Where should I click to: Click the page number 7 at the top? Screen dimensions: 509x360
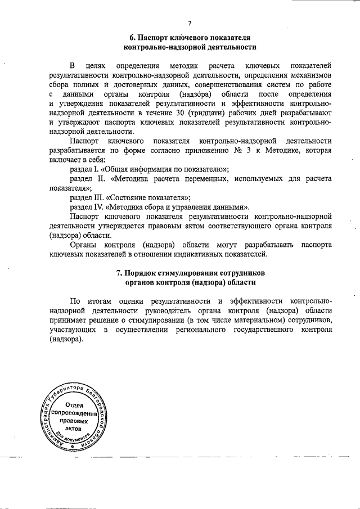[x=190, y=23]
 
